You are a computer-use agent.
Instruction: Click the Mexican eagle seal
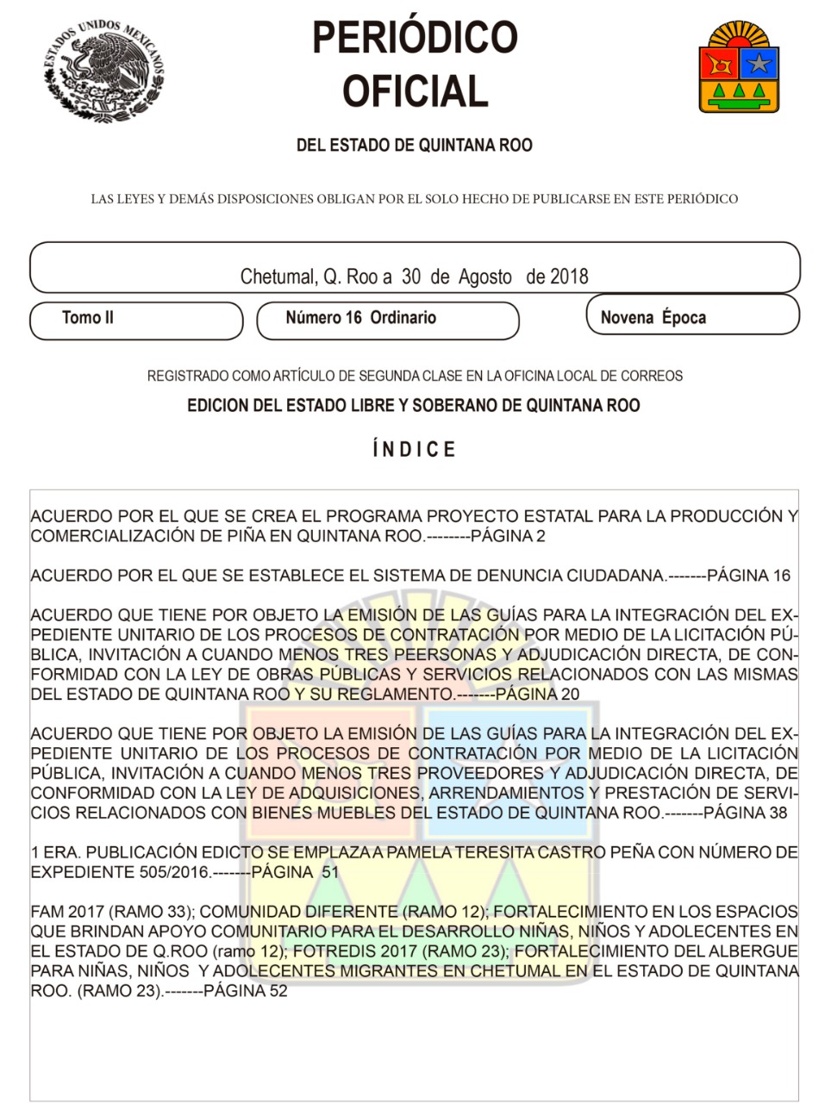pyautogui.click(x=103, y=71)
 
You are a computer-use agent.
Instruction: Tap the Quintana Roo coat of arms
pyautogui.click(x=739, y=67)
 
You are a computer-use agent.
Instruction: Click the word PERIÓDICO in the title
pyautogui.click(x=415, y=38)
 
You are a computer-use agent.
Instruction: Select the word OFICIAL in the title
pyautogui.click(x=415, y=91)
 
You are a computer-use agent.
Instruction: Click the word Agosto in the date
pyautogui.click(x=484, y=277)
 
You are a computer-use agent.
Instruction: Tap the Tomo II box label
pyautogui.click(x=88, y=318)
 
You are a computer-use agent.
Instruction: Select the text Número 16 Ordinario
pyautogui.click(x=360, y=318)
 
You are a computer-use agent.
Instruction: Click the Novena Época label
pyautogui.click(x=653, y=318)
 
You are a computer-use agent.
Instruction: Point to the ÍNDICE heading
pyautogui.click(x=415, y=450)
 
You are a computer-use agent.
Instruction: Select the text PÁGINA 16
pyautogui.click(x=748, y=576)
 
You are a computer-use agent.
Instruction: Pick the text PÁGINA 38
pyautogui.click(x=745, y=813)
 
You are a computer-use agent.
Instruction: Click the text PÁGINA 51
pyautogui.click(x=295, y=872)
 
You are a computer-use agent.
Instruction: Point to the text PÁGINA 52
pyautogui.click(x=246, y=991)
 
